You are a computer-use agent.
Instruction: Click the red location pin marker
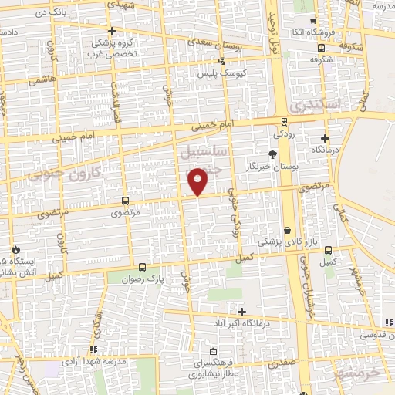(198, 183)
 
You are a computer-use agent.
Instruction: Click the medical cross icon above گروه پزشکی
(113, 32)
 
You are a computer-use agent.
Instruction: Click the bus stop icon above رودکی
(284, 121)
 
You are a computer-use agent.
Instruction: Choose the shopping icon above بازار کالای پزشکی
(288, 230)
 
